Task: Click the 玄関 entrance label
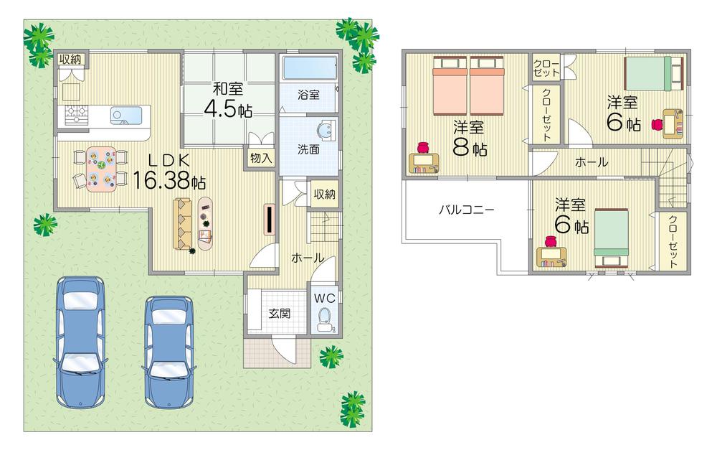(279, 313)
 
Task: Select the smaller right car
(169, 352)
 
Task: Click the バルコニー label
(467, 210)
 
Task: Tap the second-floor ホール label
(592, 163)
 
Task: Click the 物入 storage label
(261, 158)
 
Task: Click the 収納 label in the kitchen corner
(70, 59)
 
